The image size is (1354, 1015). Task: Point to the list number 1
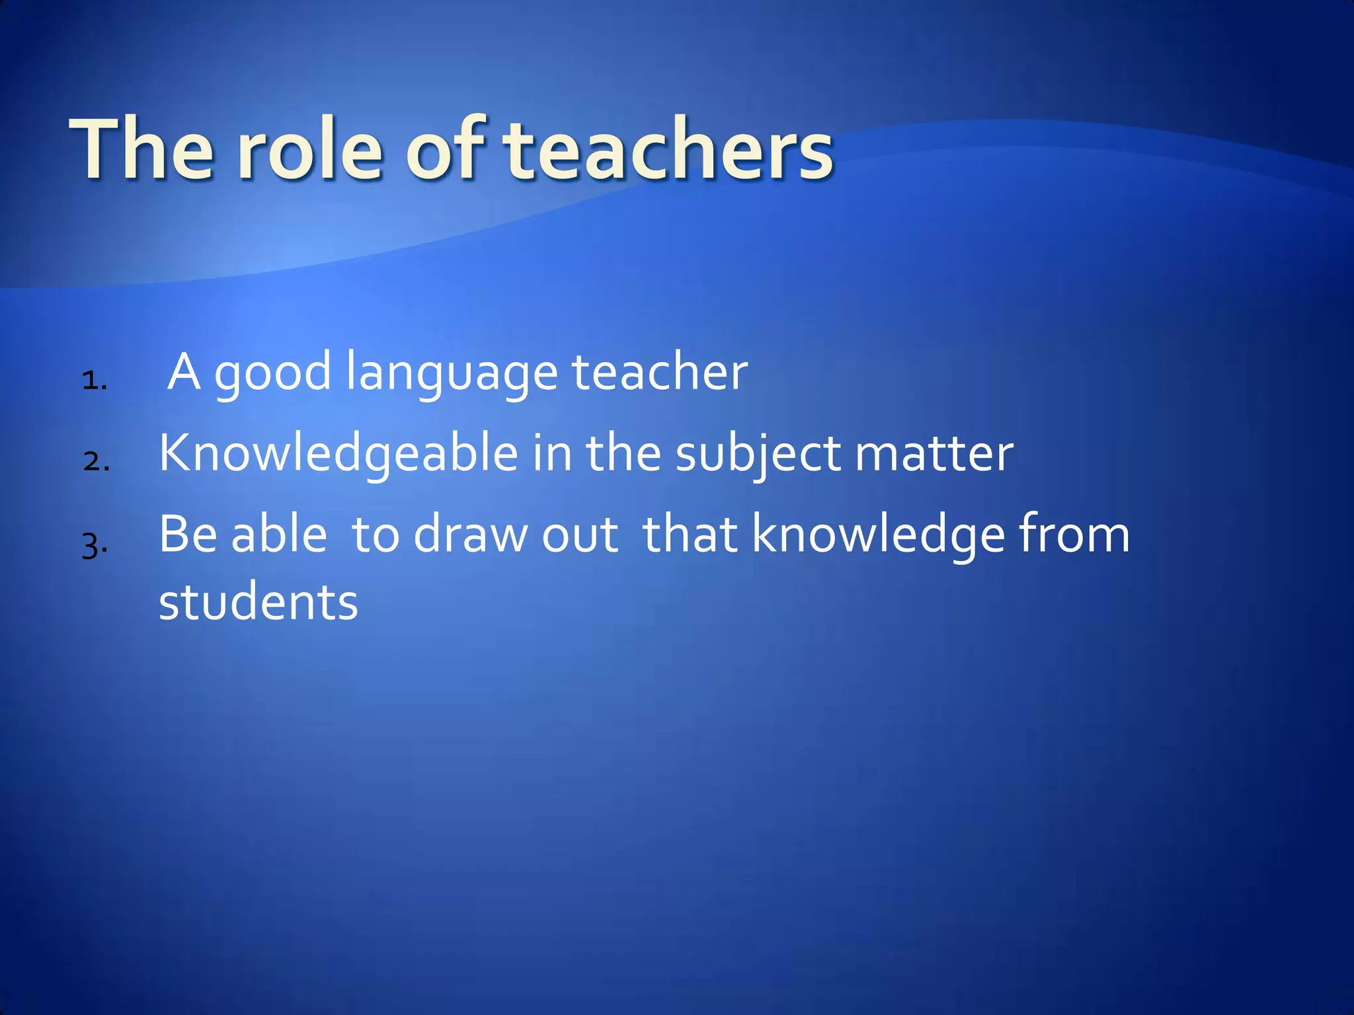click(x=94, y=381)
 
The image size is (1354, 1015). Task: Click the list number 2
click(x=96, y=461)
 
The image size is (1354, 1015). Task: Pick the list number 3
click(x=94, y=546)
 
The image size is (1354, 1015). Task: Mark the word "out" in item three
click(x=580, y=535)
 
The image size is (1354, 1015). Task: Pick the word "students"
click(x=259, y=603)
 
